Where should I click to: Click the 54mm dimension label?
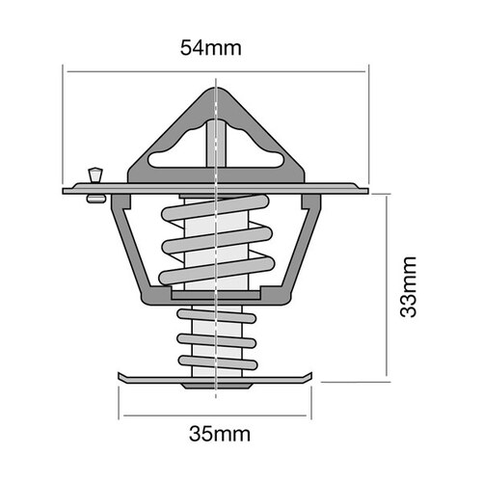215,46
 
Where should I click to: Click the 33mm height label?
409,287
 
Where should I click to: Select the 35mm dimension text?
215,434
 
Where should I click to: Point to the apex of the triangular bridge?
216,93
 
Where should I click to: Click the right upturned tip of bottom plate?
309,375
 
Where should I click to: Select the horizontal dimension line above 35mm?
215,417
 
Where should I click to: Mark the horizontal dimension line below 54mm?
215,69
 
